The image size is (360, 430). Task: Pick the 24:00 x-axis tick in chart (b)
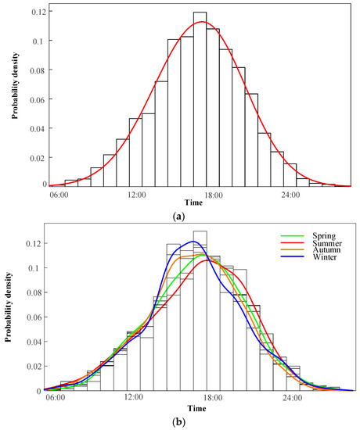pyautogui.click(x=292, y=398)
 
